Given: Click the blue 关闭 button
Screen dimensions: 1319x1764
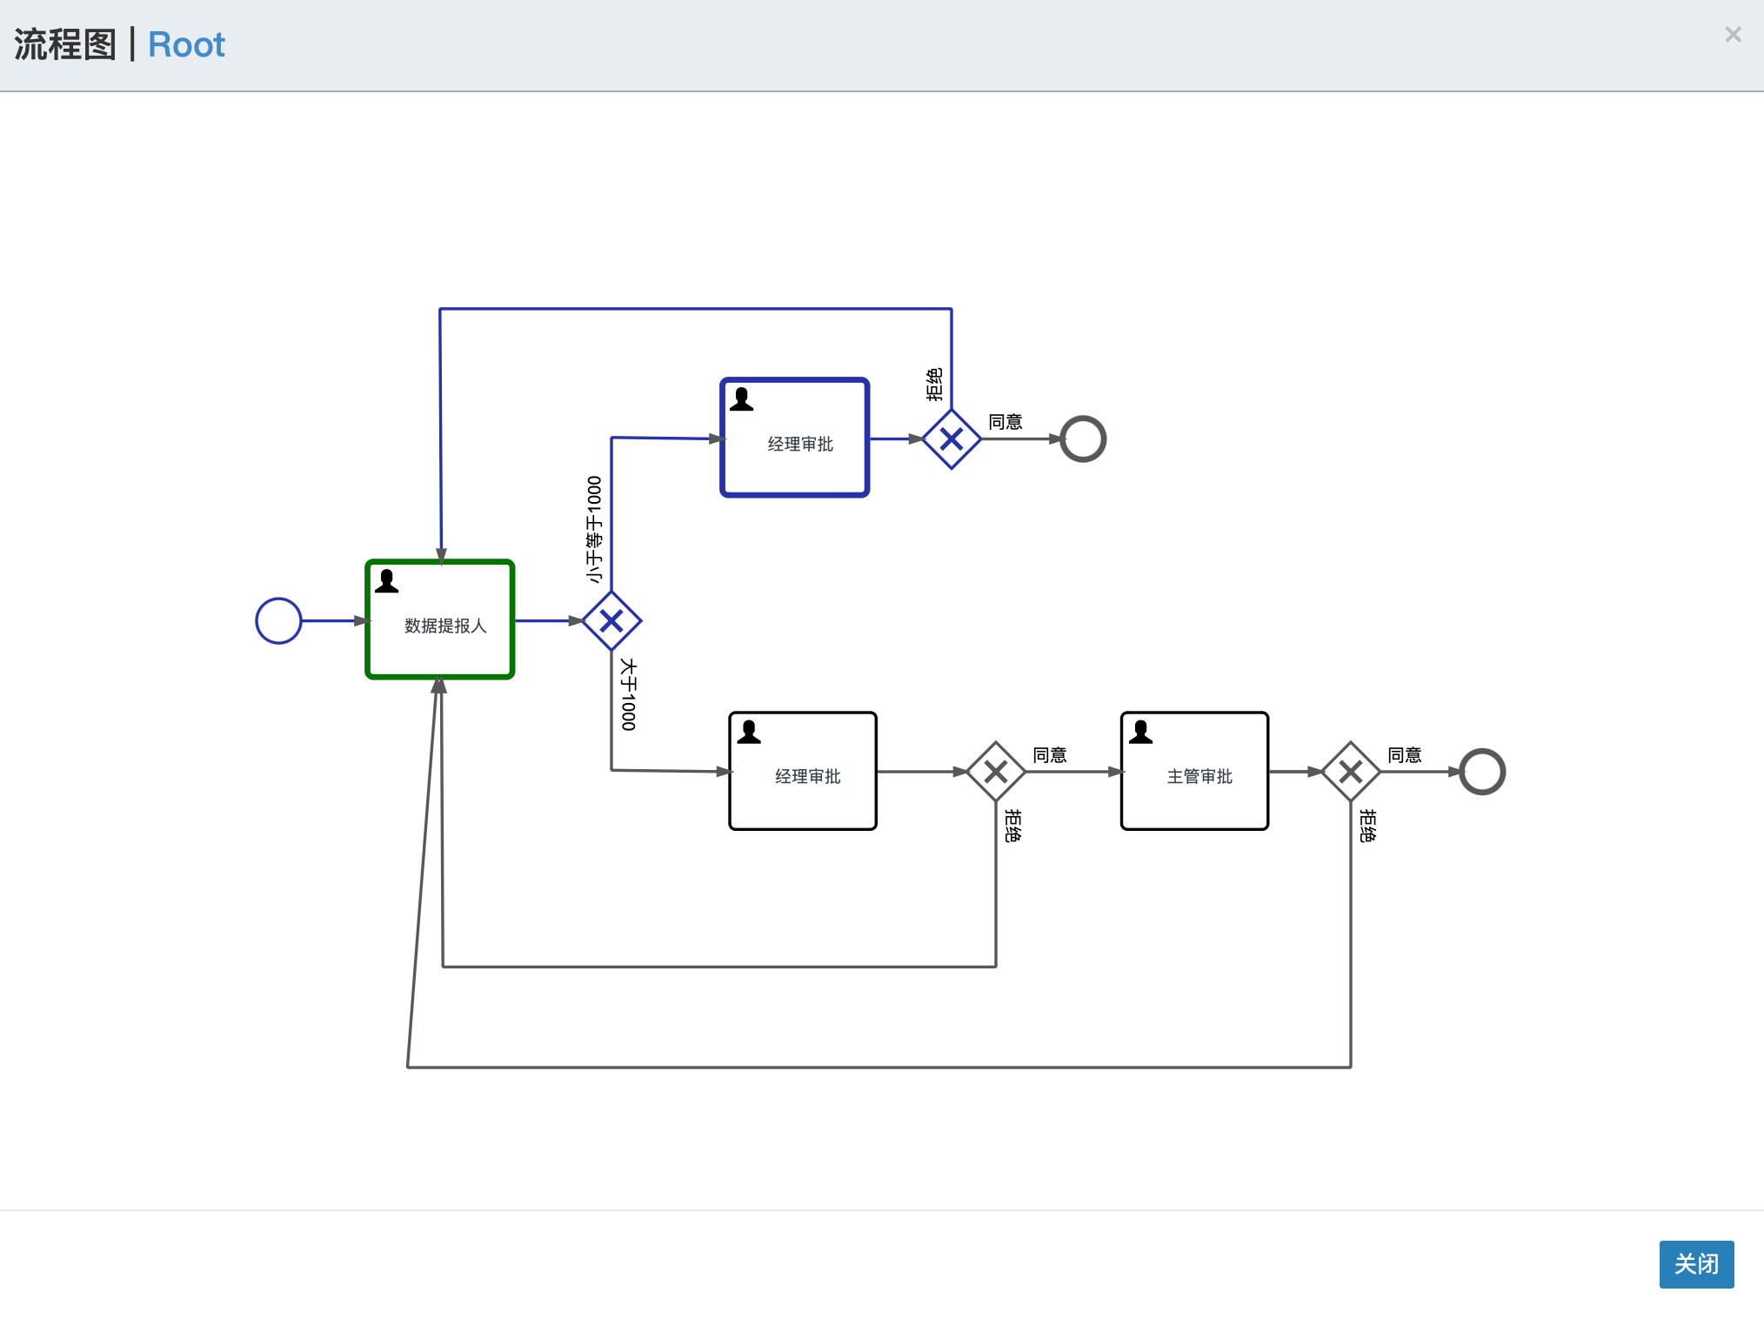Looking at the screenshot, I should pos(1695,1263).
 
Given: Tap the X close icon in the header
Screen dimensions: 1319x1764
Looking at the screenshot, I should pos(1733,35).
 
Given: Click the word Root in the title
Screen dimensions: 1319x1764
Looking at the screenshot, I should pos(186,45).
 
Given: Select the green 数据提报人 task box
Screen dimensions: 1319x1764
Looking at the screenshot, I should pos(440,619).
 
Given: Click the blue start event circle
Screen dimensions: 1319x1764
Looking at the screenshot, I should pos(278,621).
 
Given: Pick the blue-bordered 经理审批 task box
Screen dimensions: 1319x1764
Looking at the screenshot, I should pos(795,438).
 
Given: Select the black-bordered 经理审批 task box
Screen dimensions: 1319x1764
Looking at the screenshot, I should pos(803,772).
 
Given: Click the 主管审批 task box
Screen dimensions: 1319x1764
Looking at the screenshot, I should pos(1194,772).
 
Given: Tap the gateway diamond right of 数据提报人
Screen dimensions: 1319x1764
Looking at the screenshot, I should pos(611,621).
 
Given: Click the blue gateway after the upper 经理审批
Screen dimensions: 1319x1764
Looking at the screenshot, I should pos(952,439).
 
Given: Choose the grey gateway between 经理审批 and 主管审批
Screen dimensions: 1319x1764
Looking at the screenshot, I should pos(996,772).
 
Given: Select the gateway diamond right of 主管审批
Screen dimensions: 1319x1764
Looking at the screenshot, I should pos(1351,772).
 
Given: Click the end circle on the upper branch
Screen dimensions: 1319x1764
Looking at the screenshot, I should pos(1083,439).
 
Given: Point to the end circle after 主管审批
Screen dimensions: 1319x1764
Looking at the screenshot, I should pos(1482,772).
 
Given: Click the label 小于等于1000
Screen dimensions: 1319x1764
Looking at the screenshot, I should pos(594,529).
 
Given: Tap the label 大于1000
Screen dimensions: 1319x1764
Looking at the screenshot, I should pos(629,694).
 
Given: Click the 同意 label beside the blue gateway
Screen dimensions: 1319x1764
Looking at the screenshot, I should pos(1006,422).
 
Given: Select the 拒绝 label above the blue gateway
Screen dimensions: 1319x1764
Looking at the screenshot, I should pos(934,385).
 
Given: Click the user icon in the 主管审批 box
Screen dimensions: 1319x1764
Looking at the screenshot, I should pos(1140,733).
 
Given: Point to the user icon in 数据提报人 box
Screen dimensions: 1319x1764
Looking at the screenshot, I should pos(387,581).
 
